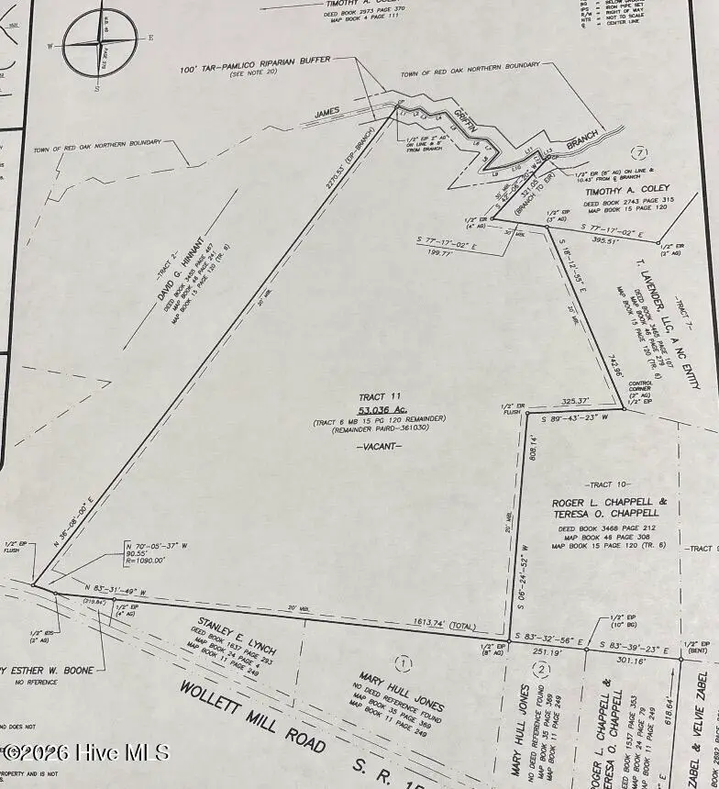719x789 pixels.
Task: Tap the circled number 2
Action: pos(543,669)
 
